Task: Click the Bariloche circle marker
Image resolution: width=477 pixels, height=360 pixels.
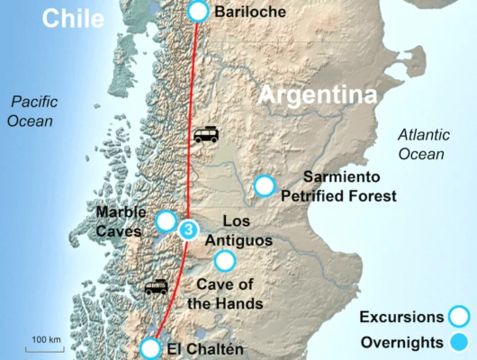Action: coord(198,11)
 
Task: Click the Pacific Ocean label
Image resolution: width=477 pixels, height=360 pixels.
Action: coord(31,112)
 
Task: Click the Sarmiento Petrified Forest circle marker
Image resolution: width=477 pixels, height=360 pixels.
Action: coord(264,186)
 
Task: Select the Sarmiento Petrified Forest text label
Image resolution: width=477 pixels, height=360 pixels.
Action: coord(349,185)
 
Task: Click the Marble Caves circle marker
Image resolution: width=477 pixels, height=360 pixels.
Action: coord(166,220)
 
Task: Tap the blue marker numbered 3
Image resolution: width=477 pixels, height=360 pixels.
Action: coord(187,229)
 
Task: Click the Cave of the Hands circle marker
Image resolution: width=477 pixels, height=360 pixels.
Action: coord(224,261)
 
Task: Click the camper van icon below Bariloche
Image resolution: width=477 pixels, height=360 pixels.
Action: coord(206,136)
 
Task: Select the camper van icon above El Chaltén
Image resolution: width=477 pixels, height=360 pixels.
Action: coord(157,288)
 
